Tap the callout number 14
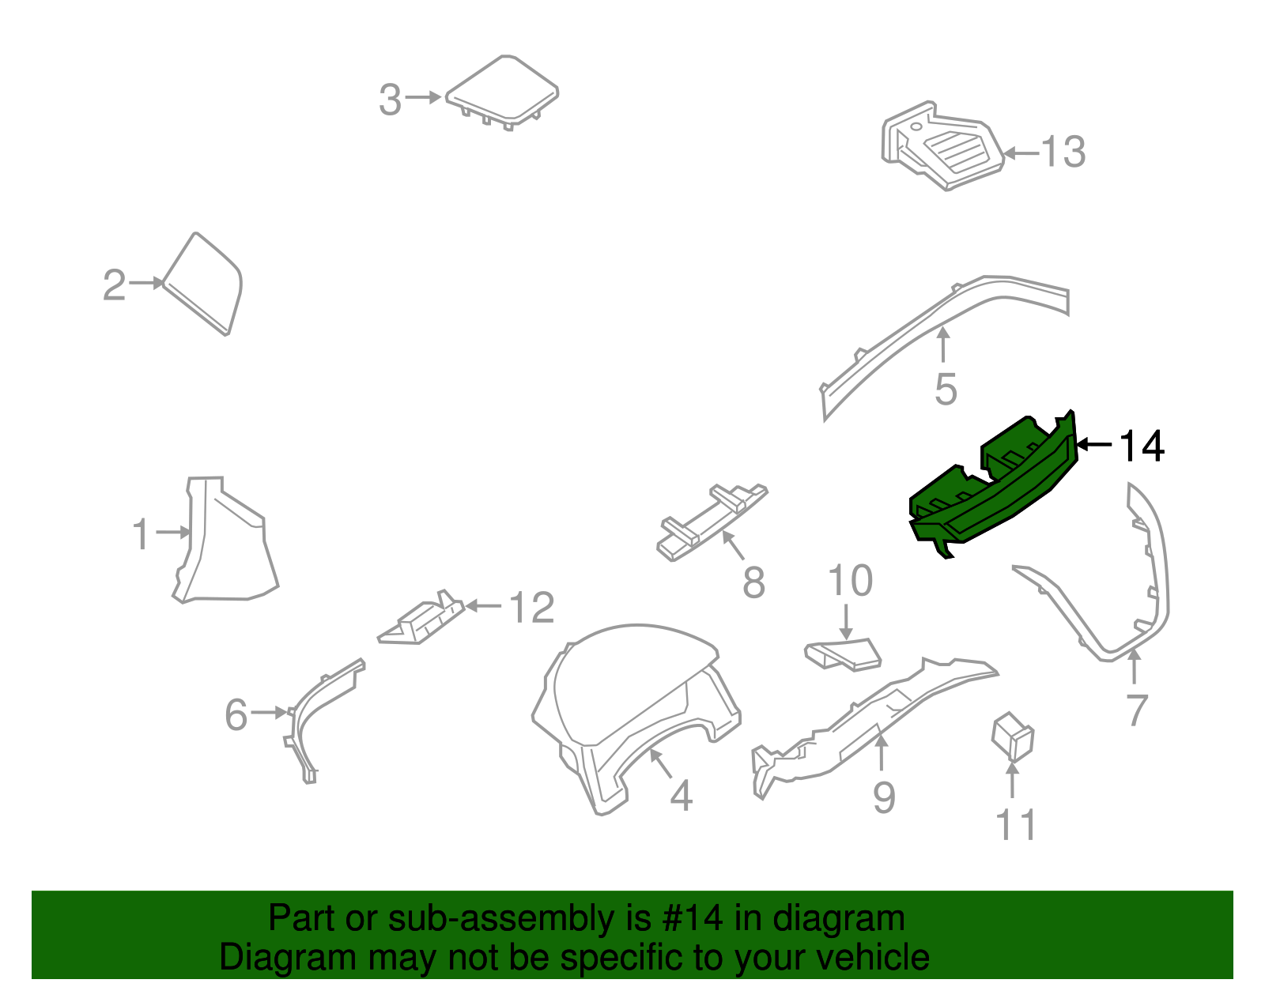(1142, 446)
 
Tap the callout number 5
(946, 390)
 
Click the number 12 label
(531, 608)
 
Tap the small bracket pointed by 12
(423, 620)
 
